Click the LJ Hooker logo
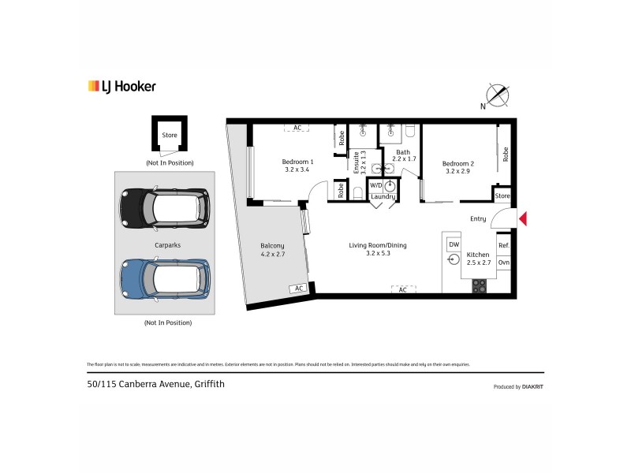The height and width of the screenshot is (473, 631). [x=121, y=86]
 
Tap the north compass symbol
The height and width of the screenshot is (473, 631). [x=497, y=95]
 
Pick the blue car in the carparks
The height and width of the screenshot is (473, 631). [x=164, y=280]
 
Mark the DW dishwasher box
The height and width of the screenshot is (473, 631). [x=454, y=245]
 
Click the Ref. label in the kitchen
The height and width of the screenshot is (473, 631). [x=503, y=245]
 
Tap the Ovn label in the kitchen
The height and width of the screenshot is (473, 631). [x=503, y=263]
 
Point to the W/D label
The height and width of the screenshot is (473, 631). [x=375, y=185]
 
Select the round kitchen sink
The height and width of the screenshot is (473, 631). [x=454, y=261]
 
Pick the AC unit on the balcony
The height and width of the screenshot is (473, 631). [x=299, y=289]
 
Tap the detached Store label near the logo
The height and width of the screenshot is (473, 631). [x=170, y=136]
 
